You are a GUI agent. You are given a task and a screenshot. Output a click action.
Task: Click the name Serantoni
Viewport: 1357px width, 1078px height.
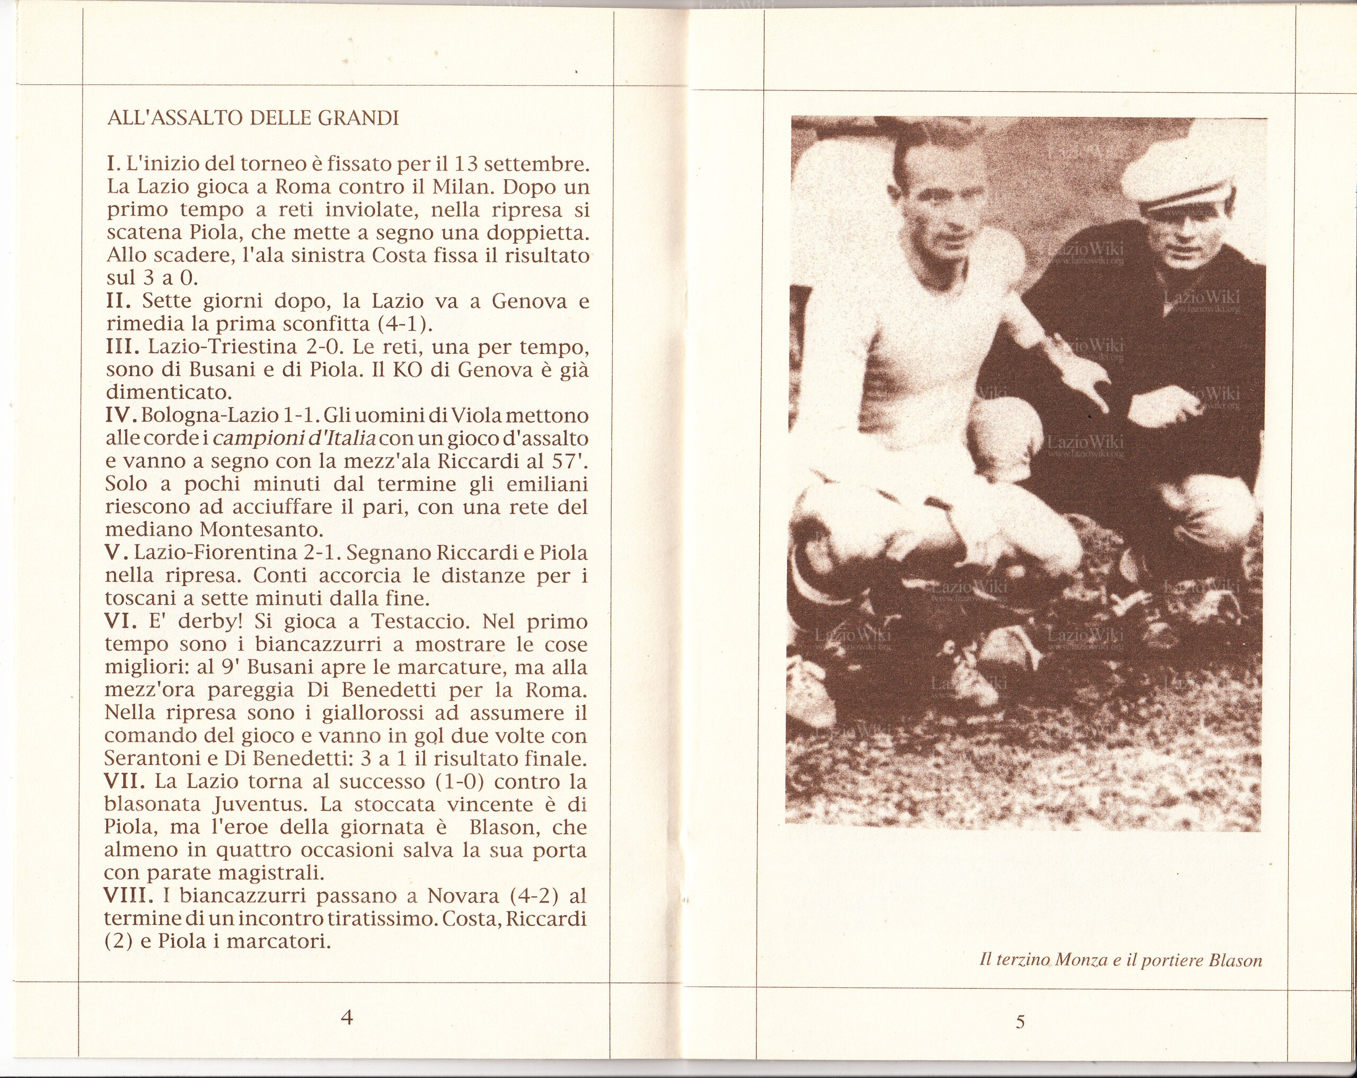tap(153, 758)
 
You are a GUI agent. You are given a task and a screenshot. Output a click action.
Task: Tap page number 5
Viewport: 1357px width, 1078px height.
tap(1020, 1022)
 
